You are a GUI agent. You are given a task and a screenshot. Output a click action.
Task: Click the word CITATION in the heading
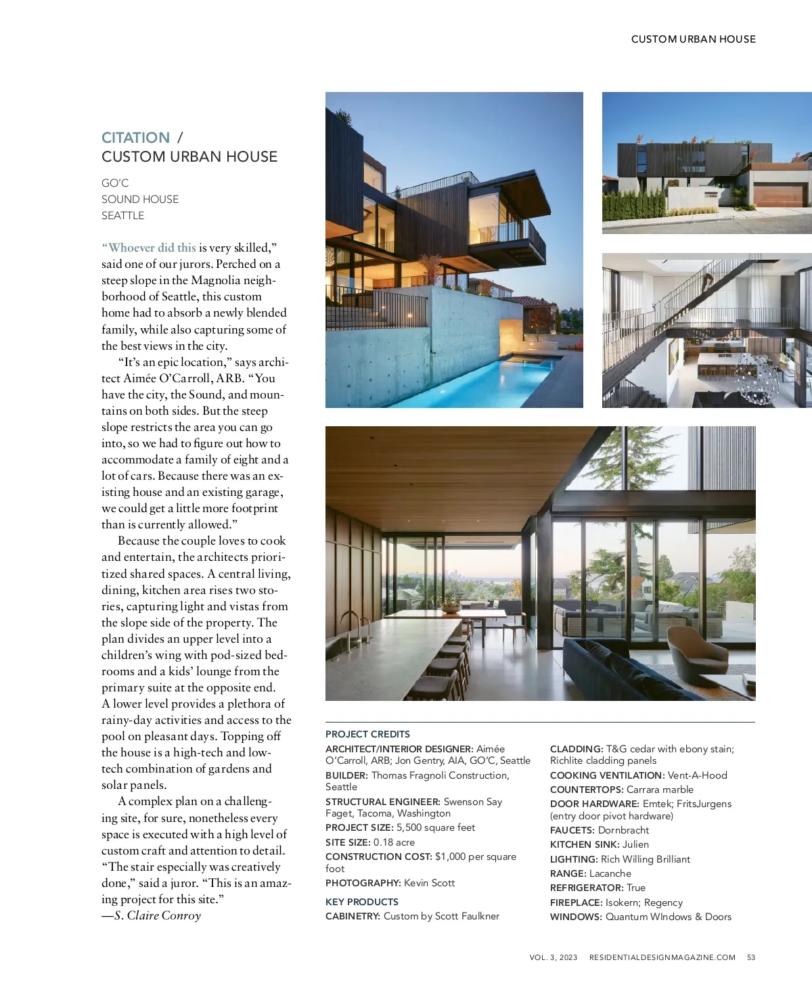135,138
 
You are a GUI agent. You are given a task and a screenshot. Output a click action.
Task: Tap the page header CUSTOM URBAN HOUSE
693,39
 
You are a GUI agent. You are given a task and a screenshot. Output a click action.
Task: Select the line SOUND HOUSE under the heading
140,200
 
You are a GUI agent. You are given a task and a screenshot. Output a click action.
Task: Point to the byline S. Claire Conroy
157,915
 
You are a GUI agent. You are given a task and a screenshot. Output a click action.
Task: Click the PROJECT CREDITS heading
367,734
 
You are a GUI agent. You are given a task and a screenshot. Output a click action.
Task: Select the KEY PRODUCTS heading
361,902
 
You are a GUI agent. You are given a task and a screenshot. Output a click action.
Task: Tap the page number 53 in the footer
751,957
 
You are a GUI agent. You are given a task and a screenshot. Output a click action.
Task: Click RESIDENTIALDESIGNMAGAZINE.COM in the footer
662,957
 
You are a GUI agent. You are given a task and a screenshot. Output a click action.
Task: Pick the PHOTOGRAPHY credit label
363,883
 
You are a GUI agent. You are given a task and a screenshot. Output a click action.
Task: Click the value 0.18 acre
394,842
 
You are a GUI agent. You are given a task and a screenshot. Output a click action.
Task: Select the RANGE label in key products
568,873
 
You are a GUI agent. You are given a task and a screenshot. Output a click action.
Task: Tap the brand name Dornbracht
623,830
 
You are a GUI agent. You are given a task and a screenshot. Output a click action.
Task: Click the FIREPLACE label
576,903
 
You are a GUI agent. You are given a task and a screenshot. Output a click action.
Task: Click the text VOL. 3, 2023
554,957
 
